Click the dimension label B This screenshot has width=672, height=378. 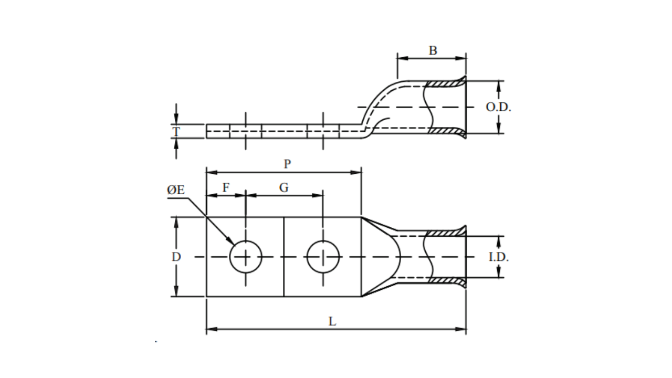coord(433,50)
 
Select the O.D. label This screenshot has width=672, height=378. coord(498,107)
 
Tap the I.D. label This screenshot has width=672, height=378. coord(498,257)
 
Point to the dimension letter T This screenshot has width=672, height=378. coord(176,131)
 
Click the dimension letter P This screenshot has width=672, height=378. coord(287,164)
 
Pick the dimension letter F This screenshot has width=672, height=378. coord(226,187)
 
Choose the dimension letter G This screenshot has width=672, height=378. coord(283,187)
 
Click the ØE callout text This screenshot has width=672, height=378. coord(176,191)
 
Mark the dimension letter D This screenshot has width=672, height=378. coord(176,257)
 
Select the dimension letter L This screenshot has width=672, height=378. coord(332,322)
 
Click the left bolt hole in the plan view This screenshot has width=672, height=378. coord(246,257)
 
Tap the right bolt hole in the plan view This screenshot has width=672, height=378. coord(323,257)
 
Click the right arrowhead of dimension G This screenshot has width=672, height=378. coord(319,195)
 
